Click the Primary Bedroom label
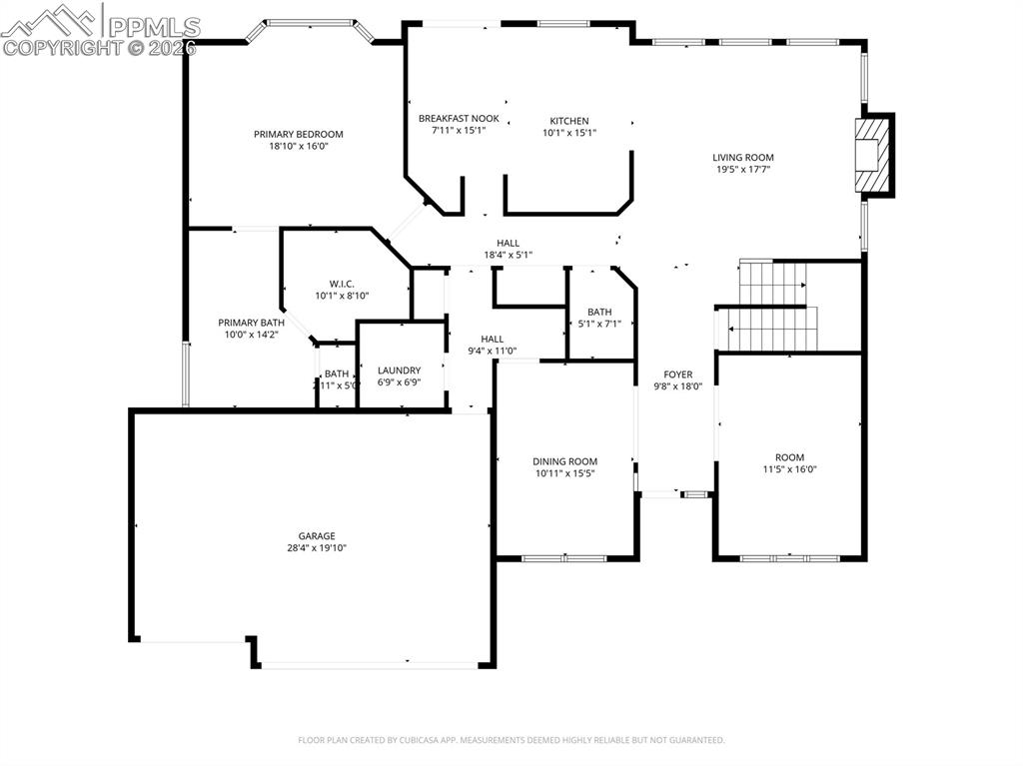298,134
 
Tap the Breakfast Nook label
459,119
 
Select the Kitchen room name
569,121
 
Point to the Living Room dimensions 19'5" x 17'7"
742,170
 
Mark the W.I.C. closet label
343,283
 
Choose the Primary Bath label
251,323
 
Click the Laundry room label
399,371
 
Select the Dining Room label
564,461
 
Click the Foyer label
678,375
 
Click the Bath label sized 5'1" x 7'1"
599,312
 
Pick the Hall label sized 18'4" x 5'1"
508,243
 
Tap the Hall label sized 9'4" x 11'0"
492,339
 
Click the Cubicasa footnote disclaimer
511,740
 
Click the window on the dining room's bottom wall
565,557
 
